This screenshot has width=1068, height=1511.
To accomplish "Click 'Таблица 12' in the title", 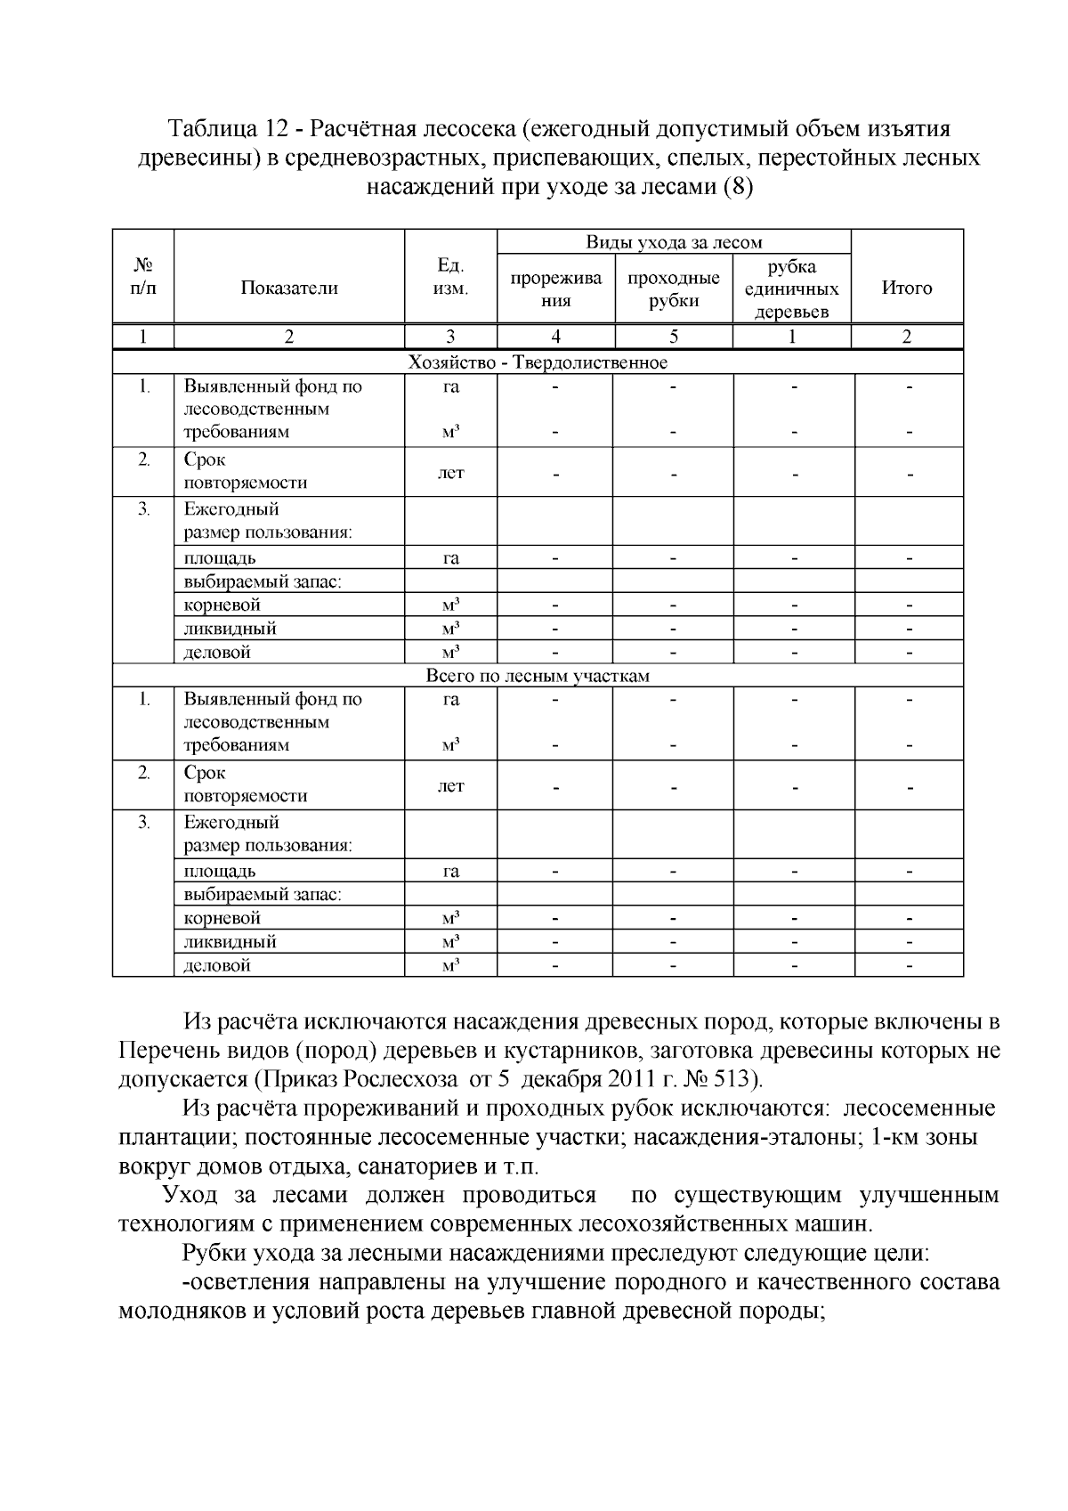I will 220,129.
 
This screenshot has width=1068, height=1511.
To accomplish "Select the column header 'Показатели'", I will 288,288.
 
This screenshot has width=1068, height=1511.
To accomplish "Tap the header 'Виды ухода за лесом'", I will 673,242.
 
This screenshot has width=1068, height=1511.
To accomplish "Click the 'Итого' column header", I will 906,288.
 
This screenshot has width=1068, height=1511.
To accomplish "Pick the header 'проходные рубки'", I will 673,288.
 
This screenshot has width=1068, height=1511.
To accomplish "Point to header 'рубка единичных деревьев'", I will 791,288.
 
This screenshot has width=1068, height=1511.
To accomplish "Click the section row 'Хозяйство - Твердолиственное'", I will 538,362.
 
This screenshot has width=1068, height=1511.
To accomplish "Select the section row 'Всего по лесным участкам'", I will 538,675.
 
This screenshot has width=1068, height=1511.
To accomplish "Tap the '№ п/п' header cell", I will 142,276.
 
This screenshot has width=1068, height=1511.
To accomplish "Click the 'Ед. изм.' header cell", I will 450,276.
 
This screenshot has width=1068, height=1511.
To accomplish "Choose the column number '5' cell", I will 673,337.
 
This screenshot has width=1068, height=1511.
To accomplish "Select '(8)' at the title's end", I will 738,188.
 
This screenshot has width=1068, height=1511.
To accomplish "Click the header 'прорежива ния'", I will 555,288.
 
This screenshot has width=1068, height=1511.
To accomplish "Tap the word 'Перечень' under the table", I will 171,1051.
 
